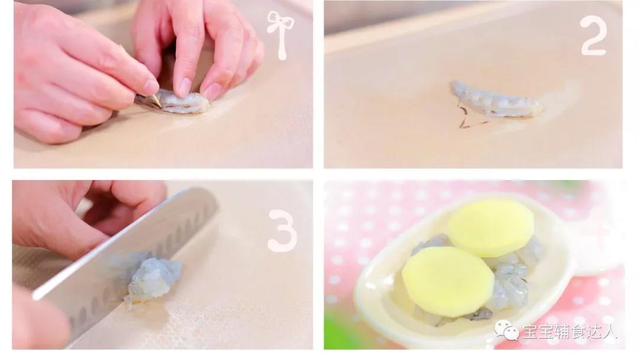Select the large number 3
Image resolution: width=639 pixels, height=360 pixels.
[282, 230]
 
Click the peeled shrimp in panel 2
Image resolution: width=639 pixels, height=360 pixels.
[495, 99]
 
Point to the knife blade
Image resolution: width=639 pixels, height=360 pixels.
[122, 261]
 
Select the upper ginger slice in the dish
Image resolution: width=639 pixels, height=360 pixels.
[490, 227]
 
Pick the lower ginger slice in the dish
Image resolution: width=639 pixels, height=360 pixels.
[448, 281]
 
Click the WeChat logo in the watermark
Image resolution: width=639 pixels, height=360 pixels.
[506, 329]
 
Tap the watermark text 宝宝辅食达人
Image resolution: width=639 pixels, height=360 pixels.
[570, 330]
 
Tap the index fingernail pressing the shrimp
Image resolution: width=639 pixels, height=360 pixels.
[184, 87]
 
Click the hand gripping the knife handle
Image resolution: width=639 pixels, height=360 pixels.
[37, 318]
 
